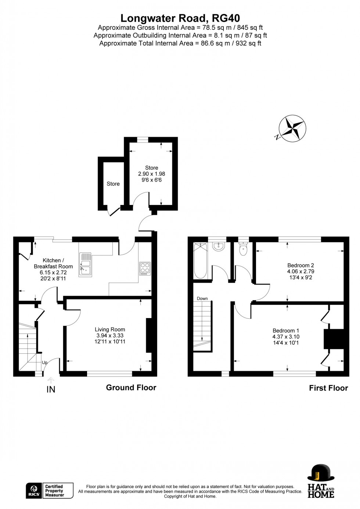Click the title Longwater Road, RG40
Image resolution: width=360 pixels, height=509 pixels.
point(180,18)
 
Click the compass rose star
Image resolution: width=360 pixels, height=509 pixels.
point(292,128)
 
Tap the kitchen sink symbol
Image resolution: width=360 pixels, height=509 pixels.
point(85,264)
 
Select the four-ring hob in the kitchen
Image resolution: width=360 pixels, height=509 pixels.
point(145,268)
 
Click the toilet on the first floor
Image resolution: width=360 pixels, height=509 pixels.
point(243,249)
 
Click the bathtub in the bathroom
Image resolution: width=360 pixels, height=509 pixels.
point(201,260)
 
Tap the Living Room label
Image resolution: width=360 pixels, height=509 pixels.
point(110,329)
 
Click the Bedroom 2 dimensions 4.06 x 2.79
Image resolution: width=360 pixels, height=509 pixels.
point(300,271)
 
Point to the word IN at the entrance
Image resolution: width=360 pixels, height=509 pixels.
point(51,390)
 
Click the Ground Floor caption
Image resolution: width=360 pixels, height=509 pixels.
point(131,387)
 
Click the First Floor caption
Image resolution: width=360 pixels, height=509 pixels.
point(328,388)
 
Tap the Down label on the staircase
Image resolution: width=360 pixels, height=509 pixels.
point(202,299)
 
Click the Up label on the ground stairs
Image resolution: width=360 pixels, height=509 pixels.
point(44,362)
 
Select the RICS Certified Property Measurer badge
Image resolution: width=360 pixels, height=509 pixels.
point(50,491)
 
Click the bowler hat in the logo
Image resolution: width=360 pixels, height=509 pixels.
point(321,472)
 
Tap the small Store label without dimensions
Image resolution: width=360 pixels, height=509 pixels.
point(113,184)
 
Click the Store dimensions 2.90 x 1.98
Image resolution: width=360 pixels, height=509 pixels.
point(151,174)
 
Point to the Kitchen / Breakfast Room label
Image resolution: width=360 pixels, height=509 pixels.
point(53,263)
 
